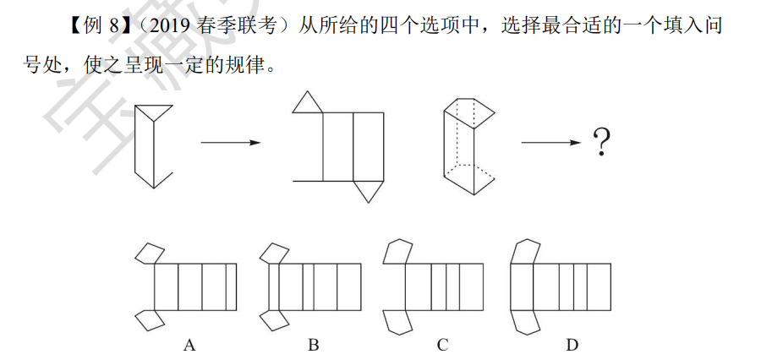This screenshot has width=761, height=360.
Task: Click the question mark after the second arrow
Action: tap(601, 143)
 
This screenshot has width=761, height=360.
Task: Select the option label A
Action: tap(189, 345)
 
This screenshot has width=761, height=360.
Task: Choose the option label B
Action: tap(314, 345)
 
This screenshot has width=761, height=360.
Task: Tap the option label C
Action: tap(442, 345)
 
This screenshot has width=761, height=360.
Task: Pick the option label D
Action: tap(572, 345)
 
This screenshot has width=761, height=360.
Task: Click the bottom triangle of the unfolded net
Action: tap(367, 190)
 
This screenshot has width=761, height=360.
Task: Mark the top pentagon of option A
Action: tap(150, 253)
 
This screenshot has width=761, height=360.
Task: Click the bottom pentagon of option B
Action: tap(275, 319)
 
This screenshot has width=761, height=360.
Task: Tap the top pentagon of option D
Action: tap(525, 251)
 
